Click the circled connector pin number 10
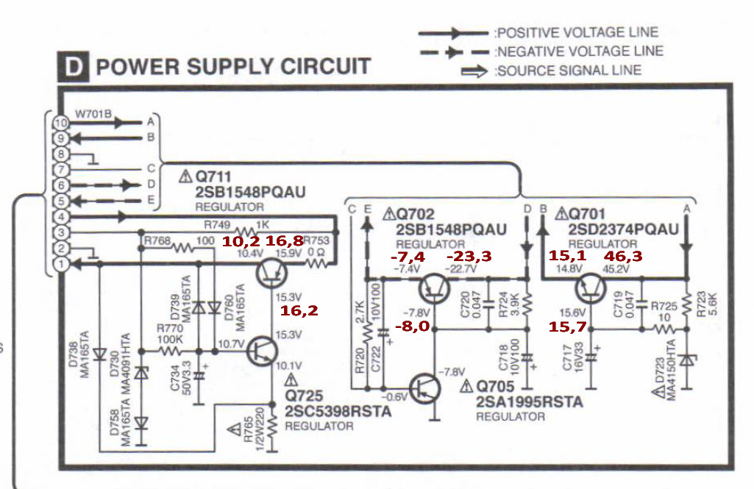[60, 123]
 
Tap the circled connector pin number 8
[60, 154]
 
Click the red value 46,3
[623, 256]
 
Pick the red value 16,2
[299, 311]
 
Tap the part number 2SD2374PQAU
[623, 229]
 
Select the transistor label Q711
[214, 177]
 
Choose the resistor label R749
[217, 224]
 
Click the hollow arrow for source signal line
[475, 71]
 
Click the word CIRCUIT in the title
[320, 67]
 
